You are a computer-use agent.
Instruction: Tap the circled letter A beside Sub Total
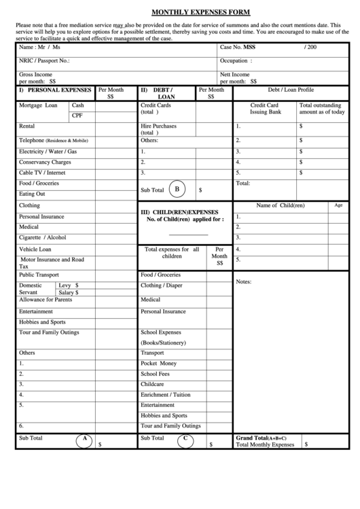(x=86, y=440)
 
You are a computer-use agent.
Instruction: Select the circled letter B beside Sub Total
(x=177, y=189)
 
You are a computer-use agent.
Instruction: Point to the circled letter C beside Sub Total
(x=185, y=440)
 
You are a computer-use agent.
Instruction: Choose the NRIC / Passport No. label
(x=45, y=60)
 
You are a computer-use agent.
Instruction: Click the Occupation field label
(x=234, y=60)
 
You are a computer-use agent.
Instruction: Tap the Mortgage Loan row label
(x=38, y=106)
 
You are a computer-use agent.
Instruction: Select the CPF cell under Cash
(x=77, y=116)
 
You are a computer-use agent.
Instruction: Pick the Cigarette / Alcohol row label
(x=43, y=238)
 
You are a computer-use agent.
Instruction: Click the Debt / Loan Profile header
(x=291, y=90)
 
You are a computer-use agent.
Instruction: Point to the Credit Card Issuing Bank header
(x=264, y=109)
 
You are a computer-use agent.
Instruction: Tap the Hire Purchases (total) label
(x=158, y=130)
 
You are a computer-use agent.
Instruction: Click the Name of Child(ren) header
(x=280, y=205)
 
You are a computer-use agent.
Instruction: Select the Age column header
(x=338, y=205)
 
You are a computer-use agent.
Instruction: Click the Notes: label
(x=244, y=281)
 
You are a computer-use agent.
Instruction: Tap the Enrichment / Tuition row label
(x=165, y=395)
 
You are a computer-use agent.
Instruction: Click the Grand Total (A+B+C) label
(x=261, y=438)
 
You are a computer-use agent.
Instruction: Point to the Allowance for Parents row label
(x=46, y=300)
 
